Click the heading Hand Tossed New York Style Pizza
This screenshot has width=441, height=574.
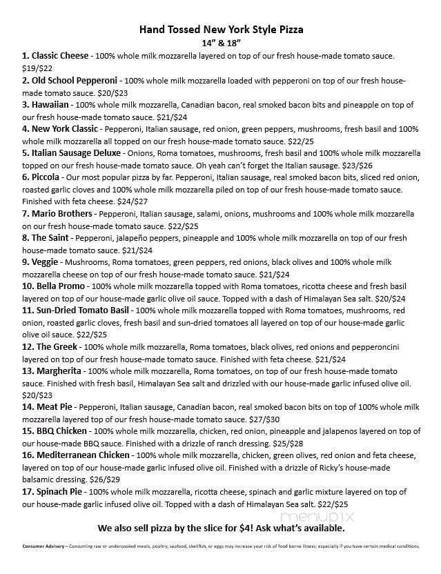[221, 30]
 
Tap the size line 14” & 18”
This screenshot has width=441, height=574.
[221, 43]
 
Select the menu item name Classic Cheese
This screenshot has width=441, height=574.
[59, 55]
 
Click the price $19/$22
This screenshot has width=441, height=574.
[37, 68]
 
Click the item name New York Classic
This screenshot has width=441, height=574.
[66, 129]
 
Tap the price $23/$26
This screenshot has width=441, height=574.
[359, 166]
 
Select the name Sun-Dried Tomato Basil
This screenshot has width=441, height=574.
[78, 310]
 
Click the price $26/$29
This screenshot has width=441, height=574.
[104, 479]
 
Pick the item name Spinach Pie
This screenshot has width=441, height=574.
[55, 491]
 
